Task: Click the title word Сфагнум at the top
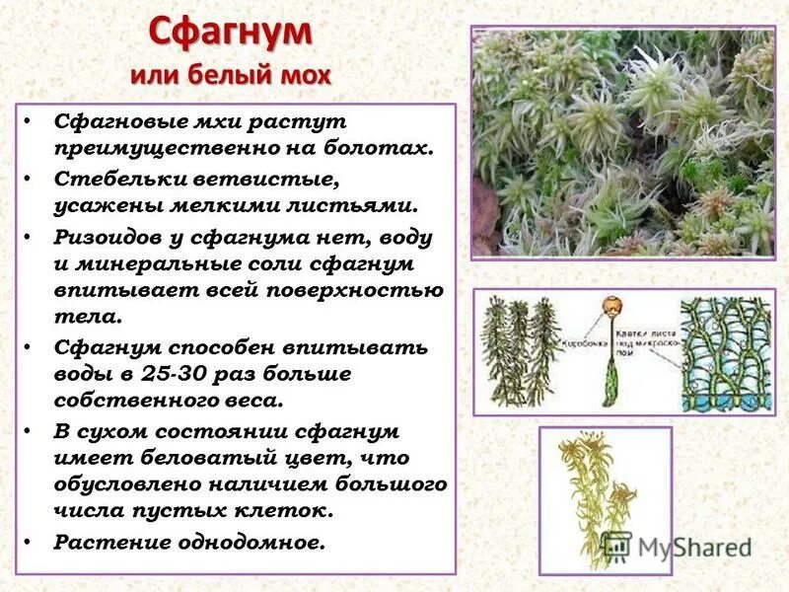[230, 33]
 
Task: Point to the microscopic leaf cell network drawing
[726, 353]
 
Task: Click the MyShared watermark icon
[615, 545]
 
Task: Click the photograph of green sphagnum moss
[622, 143]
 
